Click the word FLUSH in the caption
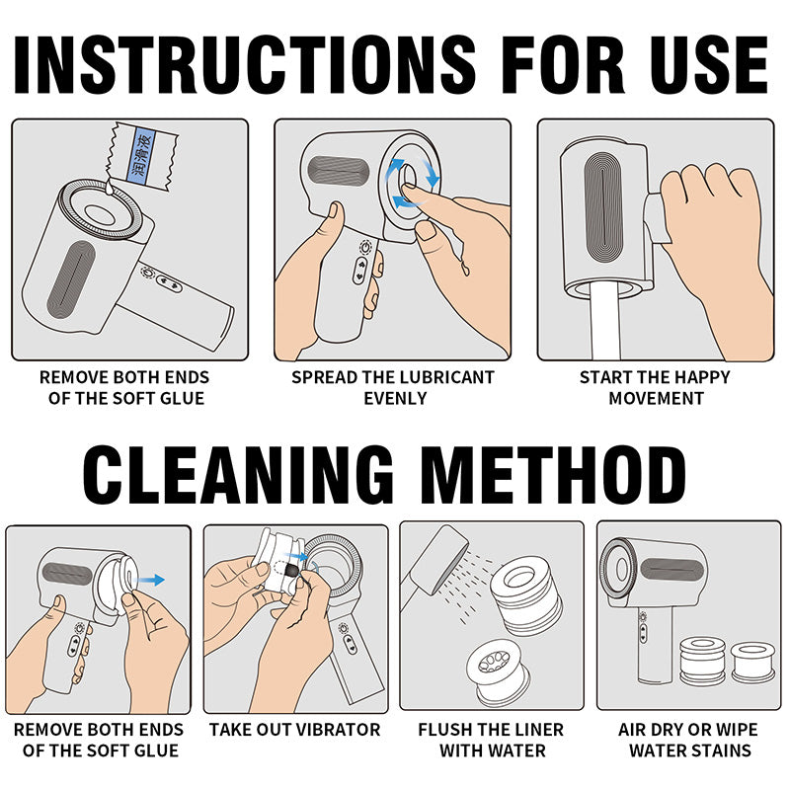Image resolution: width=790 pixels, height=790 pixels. coord(444,730)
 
